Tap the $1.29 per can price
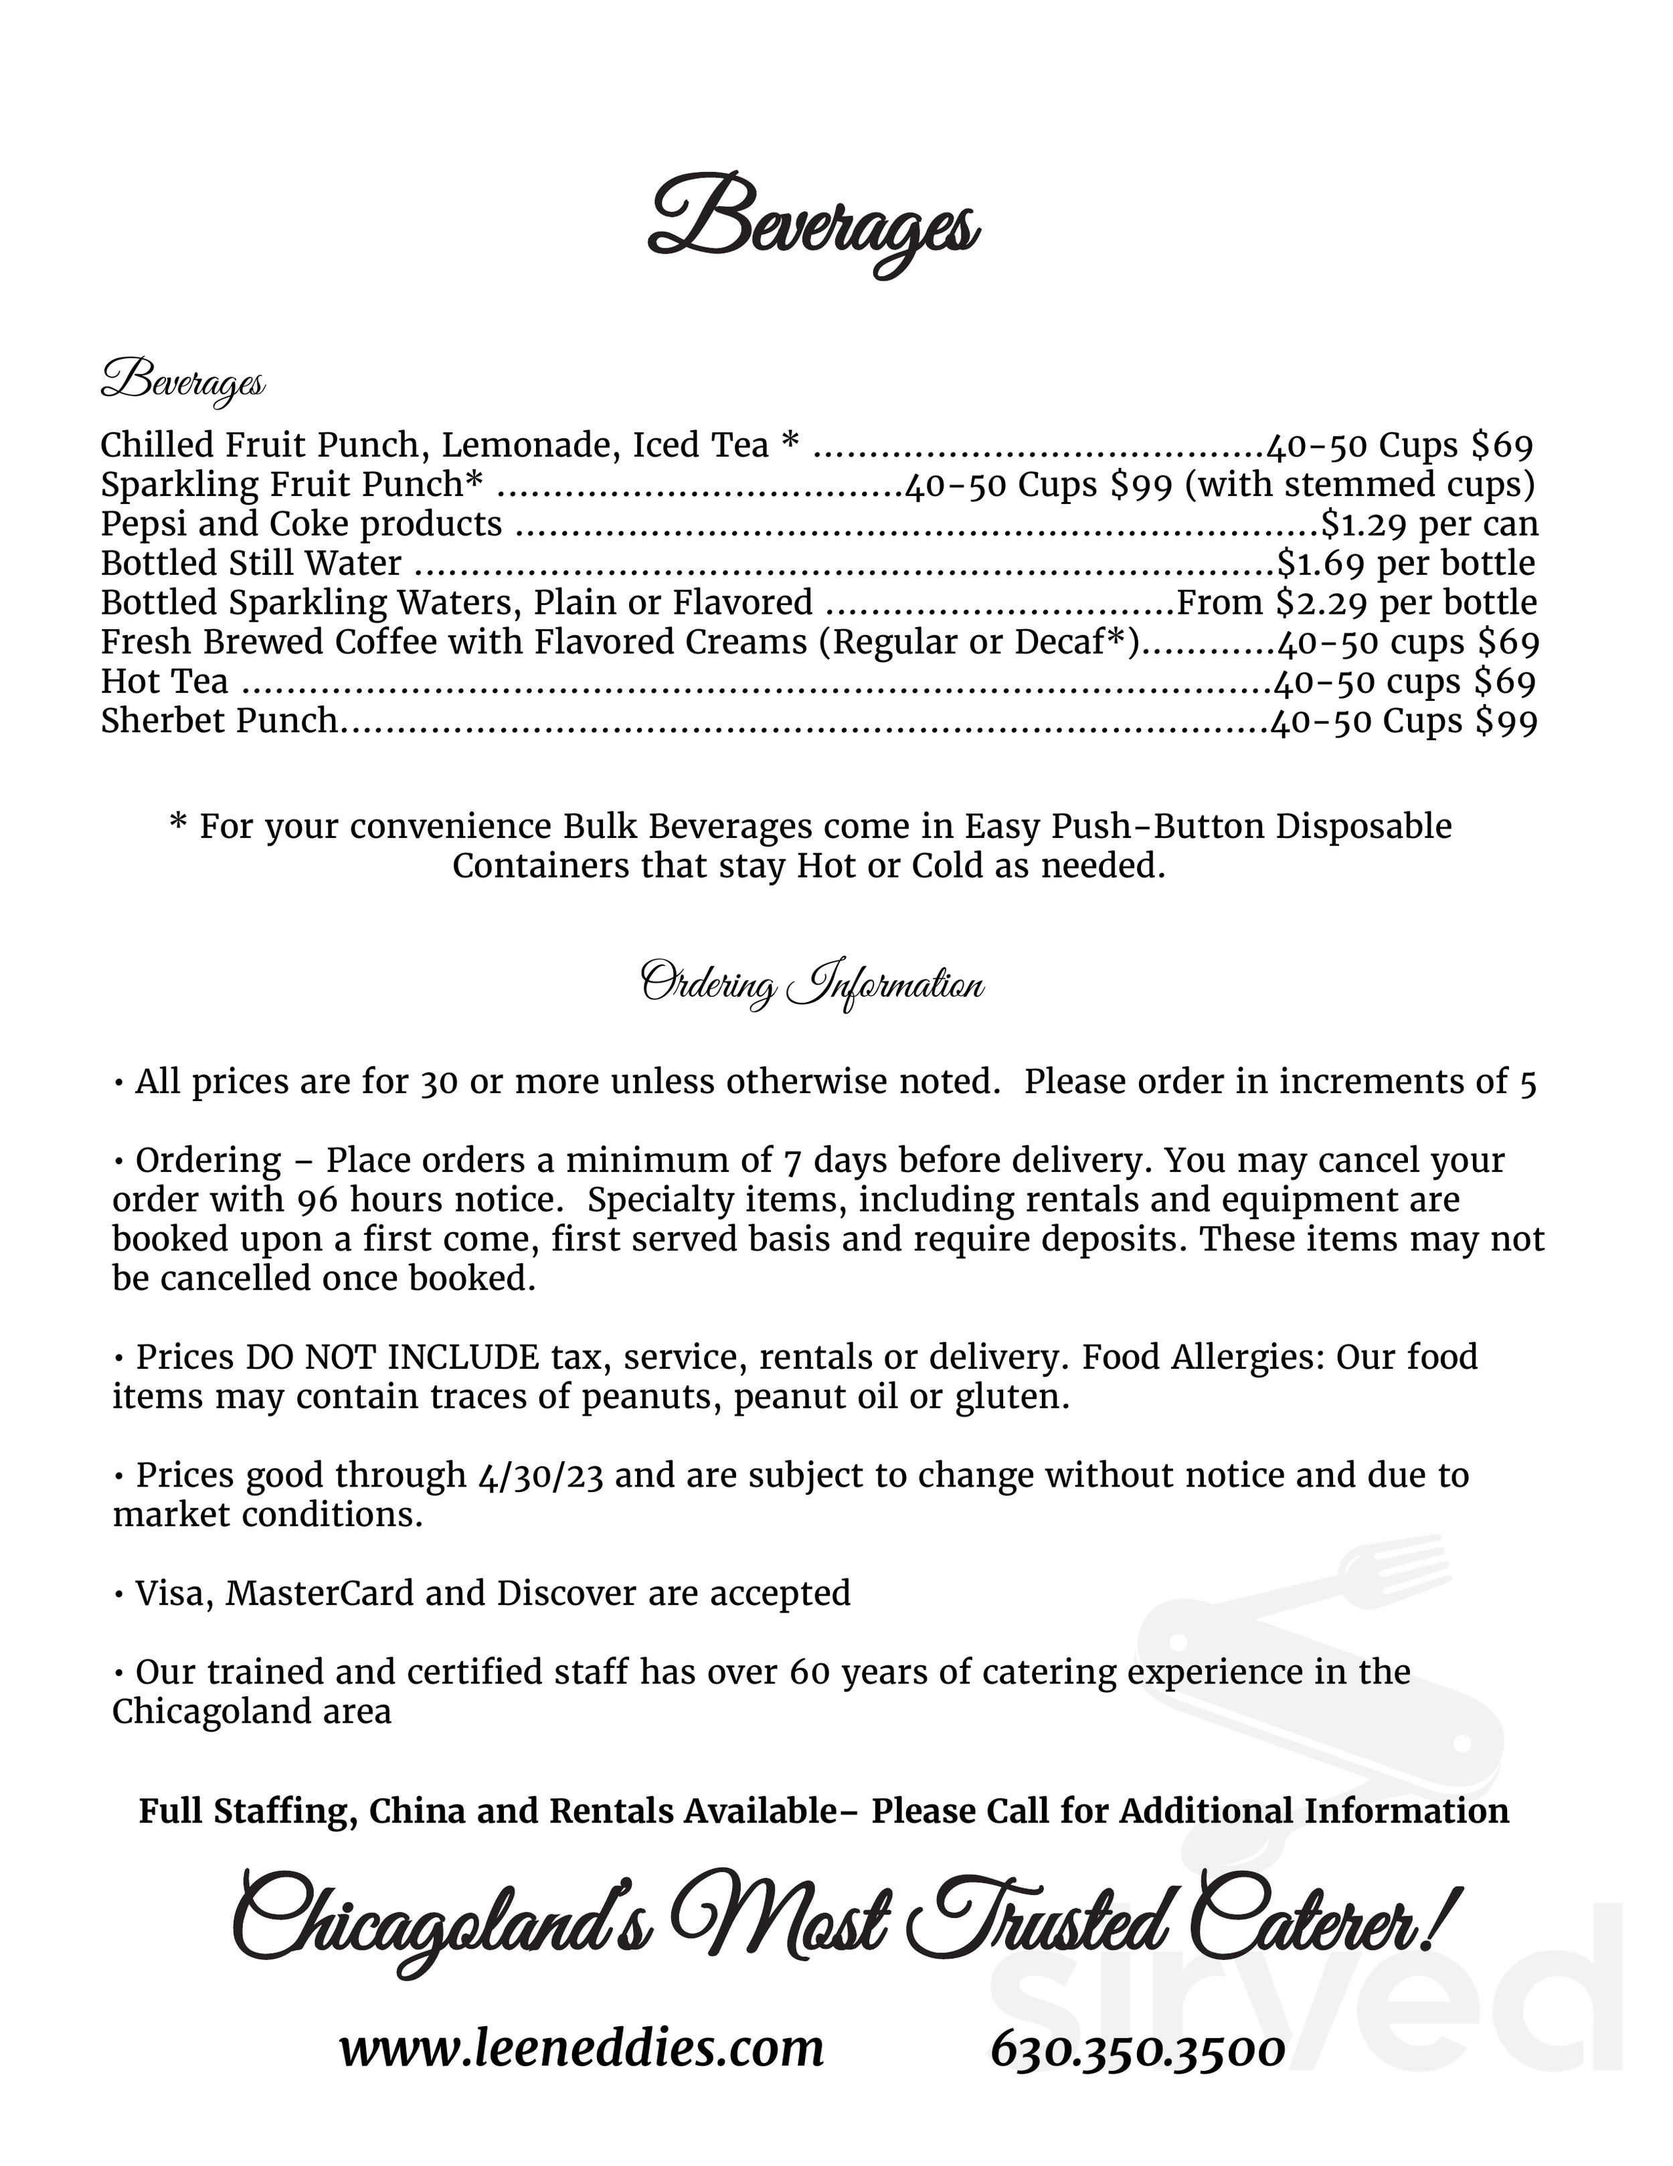(1430, 523)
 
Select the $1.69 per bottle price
(1406, 564)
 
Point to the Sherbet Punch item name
(219, 721)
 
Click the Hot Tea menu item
(165, 681)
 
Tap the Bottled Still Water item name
(251, 564)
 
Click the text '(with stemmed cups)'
(1360, 484)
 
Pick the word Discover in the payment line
(566, 1594)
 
